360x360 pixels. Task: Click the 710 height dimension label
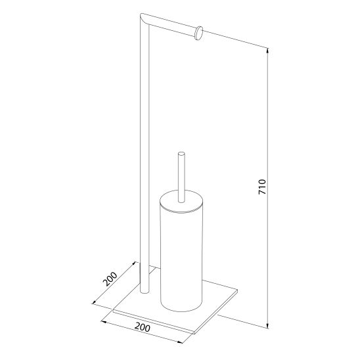(262, 187)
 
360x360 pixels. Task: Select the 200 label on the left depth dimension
(110, 279)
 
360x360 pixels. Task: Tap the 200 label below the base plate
(143, 327)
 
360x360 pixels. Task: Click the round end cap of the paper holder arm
(199, 34)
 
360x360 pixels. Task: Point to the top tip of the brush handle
(181, 152)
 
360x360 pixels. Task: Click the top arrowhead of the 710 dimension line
(267, 51)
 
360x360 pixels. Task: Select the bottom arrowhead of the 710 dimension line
(267, 326)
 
